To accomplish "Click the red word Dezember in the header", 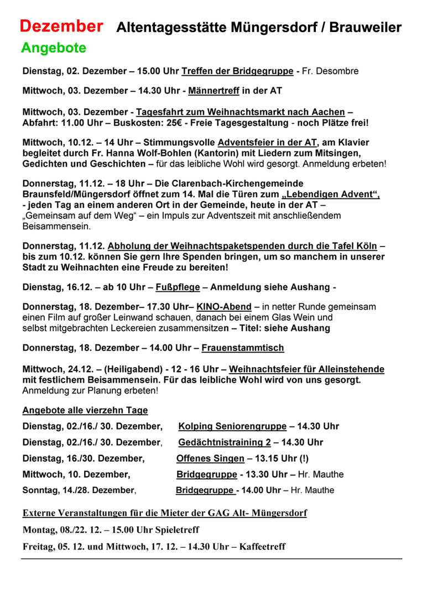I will pos(61,26).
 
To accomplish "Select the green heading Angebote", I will pos(54,48).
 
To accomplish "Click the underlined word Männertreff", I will pos(217,91).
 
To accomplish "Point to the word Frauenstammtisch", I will pos(243,348).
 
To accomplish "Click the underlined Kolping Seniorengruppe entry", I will pos(232,426).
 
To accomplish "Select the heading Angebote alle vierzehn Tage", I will pos(85,410).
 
